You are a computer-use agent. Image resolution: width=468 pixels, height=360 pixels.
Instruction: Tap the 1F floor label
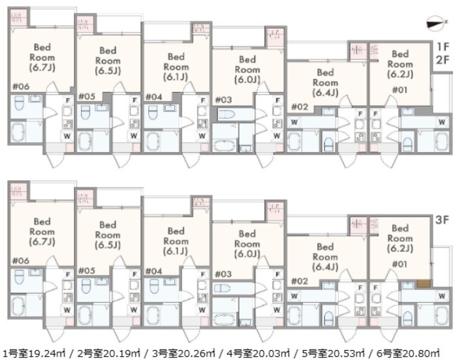[x=444, y=46]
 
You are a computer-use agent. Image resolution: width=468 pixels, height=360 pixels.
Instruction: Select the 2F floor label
[x=444, y=60]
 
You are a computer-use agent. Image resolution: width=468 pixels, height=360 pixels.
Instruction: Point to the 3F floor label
[x=443, y=220]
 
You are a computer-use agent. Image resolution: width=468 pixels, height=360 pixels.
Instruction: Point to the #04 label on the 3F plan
[x=153, y=271]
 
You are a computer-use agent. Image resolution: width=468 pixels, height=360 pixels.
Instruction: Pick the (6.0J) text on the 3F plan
[x=246, y=254]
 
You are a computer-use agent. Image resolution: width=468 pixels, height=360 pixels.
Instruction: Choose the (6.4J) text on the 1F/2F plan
[x=325, y=93]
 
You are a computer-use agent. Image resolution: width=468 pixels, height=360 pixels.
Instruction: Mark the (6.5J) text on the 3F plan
[x=108, y=245]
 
